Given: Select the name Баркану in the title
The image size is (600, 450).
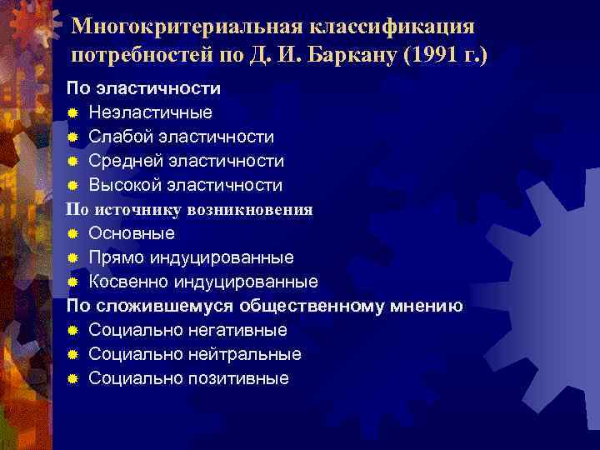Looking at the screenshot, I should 350,57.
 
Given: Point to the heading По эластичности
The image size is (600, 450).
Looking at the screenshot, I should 143,87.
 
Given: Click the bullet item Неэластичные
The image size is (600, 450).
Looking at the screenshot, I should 150,112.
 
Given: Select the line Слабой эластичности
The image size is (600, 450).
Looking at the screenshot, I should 181,137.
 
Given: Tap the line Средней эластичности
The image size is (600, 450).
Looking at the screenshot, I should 186,161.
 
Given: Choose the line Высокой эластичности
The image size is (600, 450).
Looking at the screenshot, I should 185,185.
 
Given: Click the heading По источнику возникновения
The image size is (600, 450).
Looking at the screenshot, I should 190,209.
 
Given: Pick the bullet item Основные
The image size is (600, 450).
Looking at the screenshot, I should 132,233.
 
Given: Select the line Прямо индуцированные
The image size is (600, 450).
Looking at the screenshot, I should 191,257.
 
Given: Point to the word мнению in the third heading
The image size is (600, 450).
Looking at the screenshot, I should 426,306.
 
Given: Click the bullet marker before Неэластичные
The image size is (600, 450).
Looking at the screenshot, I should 73,112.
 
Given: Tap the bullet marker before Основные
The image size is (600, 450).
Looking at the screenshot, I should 73,233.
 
